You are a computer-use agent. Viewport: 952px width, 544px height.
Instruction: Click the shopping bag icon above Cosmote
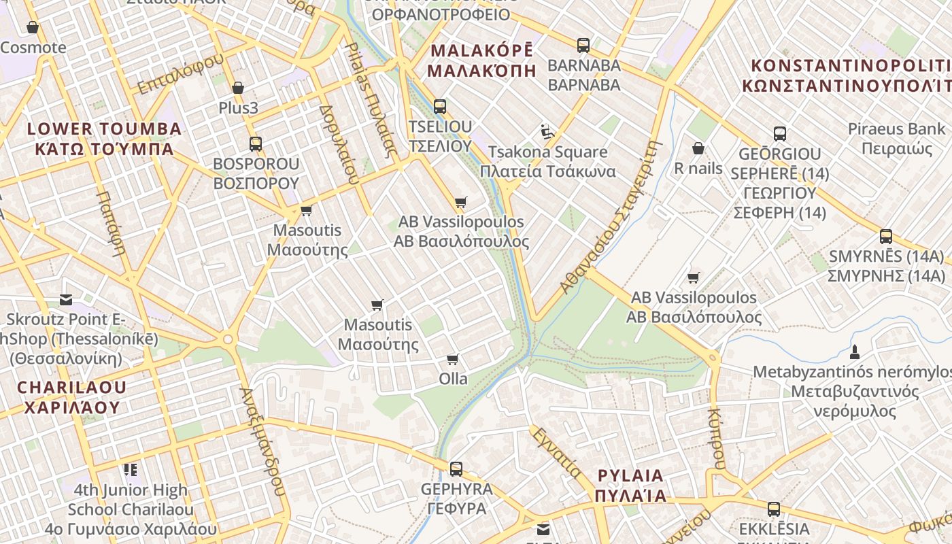pos(32,27)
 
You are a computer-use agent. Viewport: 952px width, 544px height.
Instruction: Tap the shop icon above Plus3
pos(238,88)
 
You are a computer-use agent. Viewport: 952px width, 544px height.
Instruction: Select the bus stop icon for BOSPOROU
pos(256,143)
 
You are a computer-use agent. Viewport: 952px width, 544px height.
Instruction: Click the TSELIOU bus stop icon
pos(440,106)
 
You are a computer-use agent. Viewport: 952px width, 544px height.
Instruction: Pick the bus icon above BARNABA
pos(583,46)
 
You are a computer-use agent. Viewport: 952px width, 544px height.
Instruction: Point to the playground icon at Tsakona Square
pos(546,131)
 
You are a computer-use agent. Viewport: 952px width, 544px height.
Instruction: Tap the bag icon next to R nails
pos(698,148)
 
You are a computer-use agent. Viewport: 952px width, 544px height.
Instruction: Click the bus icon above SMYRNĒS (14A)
pos(886,237)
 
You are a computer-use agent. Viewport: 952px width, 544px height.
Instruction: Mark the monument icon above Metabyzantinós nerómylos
pos(855,352)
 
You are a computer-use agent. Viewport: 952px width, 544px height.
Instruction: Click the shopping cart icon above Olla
pos(453,359)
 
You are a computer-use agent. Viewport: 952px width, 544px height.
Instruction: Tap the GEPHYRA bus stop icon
pos(456,469)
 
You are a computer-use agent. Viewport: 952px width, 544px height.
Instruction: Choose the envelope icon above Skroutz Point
pos(66,299)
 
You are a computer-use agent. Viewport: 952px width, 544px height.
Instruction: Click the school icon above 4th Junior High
pos(131,469)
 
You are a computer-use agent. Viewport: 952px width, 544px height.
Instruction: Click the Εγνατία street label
pos(556,453)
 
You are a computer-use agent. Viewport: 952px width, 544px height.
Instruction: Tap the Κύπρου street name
pos(715,439)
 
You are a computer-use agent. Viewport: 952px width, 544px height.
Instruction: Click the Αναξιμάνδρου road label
pos(261,441)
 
